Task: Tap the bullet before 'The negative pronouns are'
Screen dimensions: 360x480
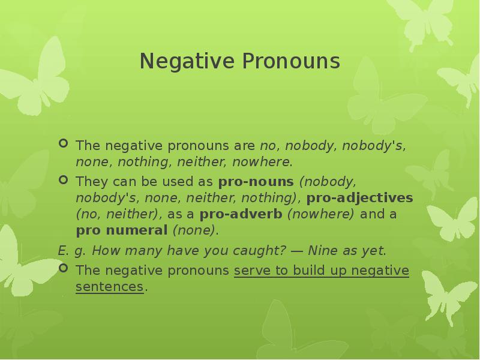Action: point(64,144)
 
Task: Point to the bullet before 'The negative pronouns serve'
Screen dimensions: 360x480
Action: point(64,269)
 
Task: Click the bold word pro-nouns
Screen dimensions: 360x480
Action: point(256,181)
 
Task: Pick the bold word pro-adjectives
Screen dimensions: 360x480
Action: point(360,197)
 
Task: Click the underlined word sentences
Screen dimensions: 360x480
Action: point(110,287)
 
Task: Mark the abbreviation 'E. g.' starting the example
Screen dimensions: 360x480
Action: point(71,251)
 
